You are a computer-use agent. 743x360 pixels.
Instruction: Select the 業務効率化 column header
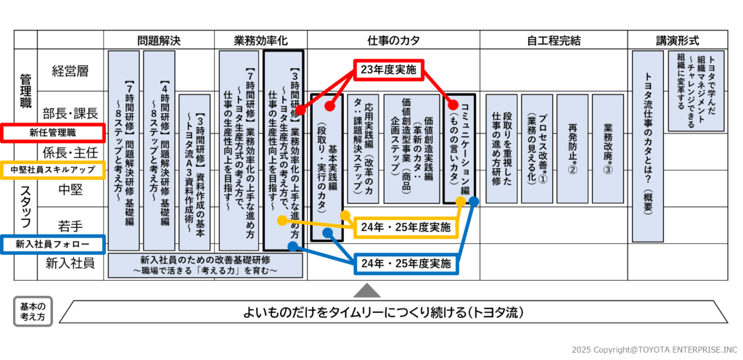pos(260,40)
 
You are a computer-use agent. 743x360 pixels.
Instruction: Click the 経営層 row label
pos(70,71)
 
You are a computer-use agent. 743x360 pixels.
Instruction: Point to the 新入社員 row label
pos(70,262)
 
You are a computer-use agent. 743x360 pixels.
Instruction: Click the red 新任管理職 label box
pos(52,133)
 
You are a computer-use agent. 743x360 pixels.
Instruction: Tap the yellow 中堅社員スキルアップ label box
pos(52,169)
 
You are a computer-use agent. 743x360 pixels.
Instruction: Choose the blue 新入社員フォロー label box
pos(52,245)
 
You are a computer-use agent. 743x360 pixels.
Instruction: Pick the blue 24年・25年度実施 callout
pos(406,263)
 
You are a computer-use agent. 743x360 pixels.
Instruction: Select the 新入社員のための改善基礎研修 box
pos(205,265)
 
